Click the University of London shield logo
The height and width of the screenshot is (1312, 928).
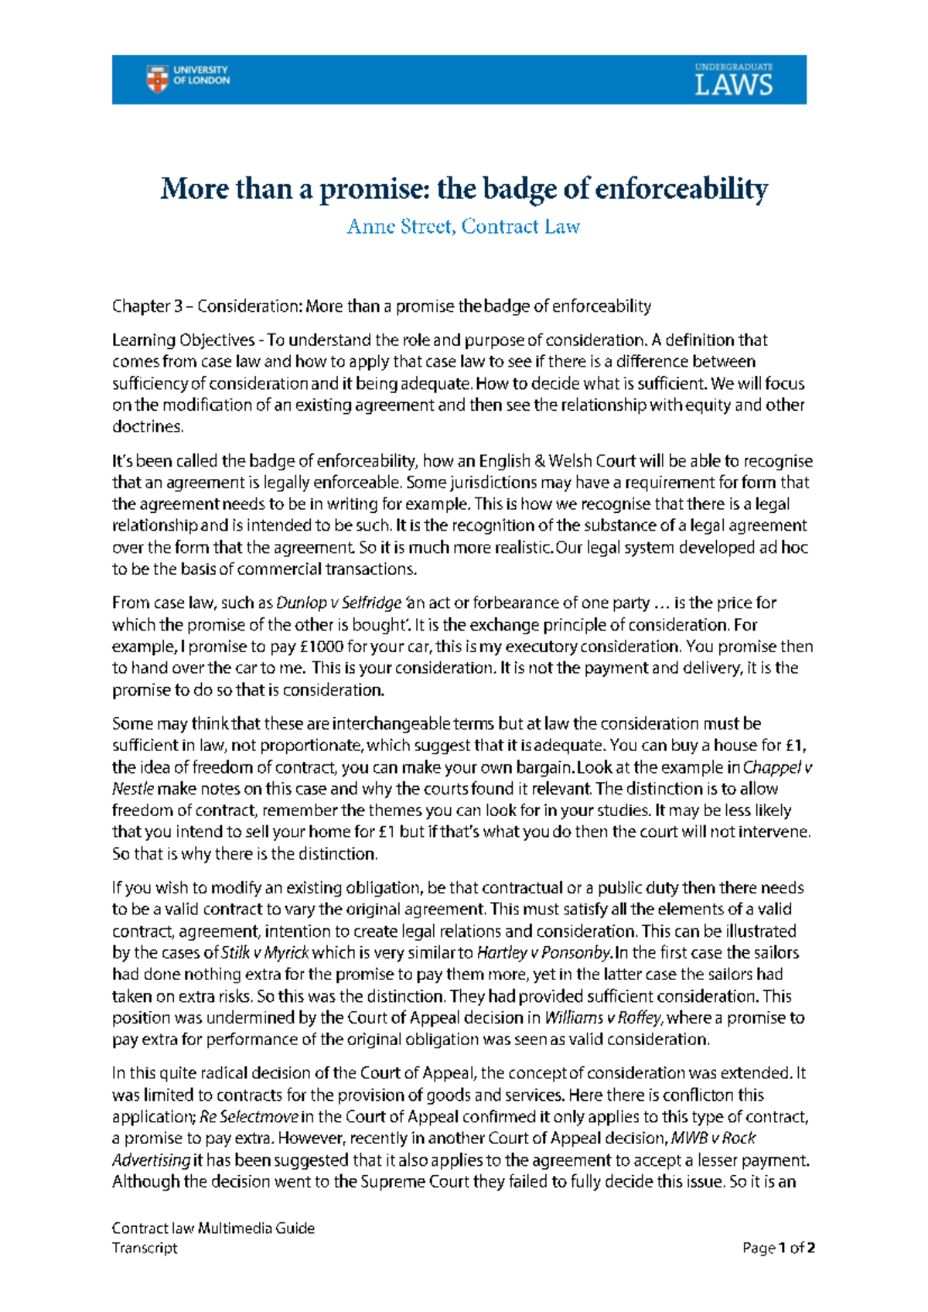click(157, 79)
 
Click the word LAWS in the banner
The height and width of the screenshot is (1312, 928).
click(733, 85)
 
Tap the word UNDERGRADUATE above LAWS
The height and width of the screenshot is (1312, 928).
click(733, 67)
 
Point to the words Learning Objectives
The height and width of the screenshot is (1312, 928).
click(183, 340)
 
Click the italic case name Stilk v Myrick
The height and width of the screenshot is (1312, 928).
click(265, 953)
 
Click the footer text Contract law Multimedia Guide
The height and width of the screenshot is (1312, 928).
click(213, 1228)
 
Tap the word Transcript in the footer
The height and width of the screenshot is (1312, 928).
click(145, 1248)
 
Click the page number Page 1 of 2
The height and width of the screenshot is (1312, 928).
click(779, 1248)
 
